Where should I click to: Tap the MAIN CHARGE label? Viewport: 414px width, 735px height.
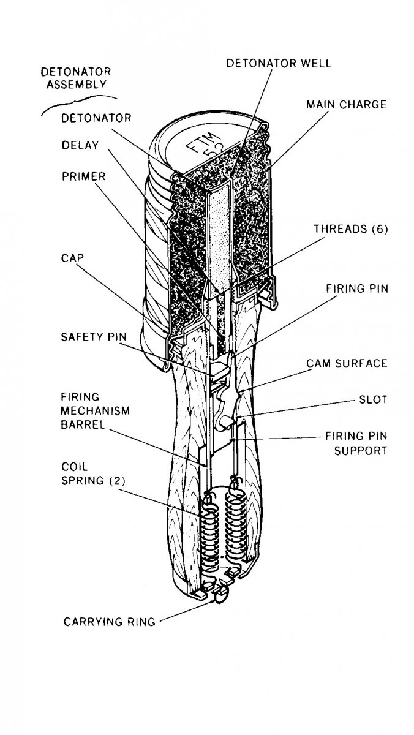pos(346,105)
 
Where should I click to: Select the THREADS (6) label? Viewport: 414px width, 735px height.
pos(350,230)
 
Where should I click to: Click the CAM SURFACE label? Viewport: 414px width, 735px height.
pos(347,363)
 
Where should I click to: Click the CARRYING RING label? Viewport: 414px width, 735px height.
pos(110,623)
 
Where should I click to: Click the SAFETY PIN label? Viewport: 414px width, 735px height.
pos(90,336)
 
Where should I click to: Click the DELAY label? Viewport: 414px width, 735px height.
pos(80,146)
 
